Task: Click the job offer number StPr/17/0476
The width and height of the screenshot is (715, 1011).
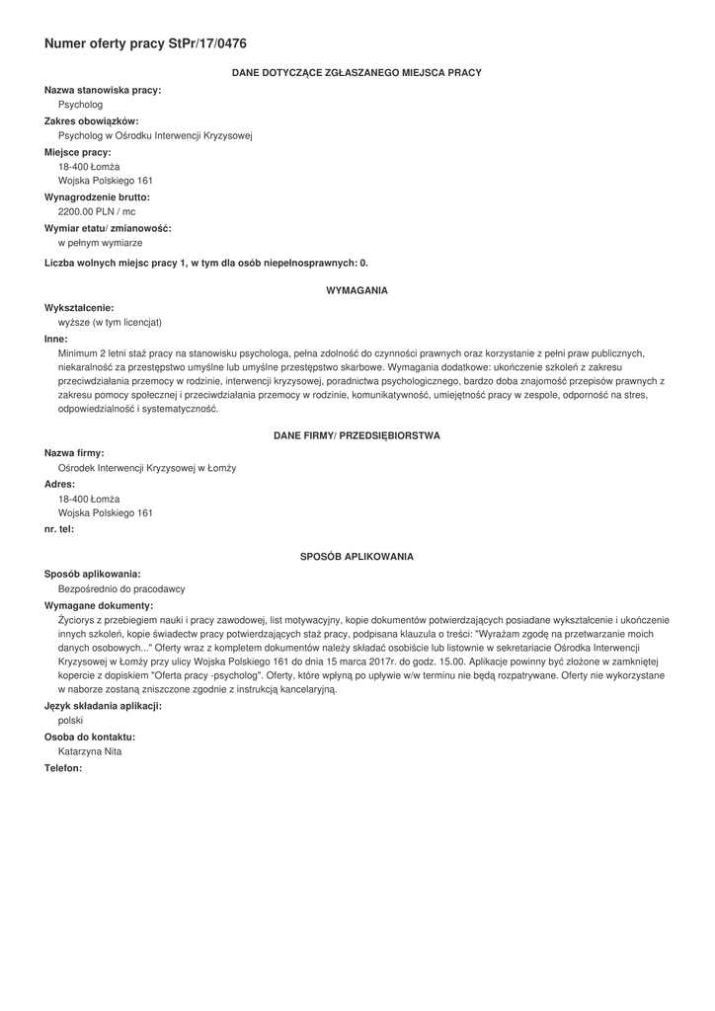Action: point(207,43)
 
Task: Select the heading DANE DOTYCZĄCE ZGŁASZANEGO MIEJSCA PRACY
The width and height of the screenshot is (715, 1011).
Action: point(357,73)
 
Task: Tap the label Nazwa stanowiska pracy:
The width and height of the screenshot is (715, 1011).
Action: point(103,90)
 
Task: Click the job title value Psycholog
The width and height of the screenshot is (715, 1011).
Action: point(80,104)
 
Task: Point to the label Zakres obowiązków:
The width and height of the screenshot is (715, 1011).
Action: point(92,120)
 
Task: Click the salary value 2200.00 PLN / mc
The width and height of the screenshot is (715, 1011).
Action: point(97,211)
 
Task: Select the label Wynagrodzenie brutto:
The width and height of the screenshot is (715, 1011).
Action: point(97,196)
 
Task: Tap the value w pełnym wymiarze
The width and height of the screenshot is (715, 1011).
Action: point(100,242)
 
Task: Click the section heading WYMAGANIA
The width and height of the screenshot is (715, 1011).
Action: point(357,290)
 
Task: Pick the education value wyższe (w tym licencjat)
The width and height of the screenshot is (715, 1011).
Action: point(110,322)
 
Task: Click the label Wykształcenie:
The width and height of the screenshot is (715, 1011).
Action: point(79,307)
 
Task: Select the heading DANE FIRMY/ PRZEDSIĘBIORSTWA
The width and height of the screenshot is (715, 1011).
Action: point(357,435)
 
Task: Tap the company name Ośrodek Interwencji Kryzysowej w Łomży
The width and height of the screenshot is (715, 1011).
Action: point(147,468)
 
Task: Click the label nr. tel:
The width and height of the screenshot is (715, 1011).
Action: point(59,528)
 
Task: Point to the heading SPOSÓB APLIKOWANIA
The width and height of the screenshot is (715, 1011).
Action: point(357,557)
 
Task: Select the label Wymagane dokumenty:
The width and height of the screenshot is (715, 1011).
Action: point(99,604)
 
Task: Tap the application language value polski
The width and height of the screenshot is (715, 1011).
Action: point(71,721)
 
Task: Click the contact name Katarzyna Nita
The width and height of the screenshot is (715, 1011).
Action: point(90,751)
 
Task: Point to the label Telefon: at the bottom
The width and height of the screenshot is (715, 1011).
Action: point(63,767)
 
